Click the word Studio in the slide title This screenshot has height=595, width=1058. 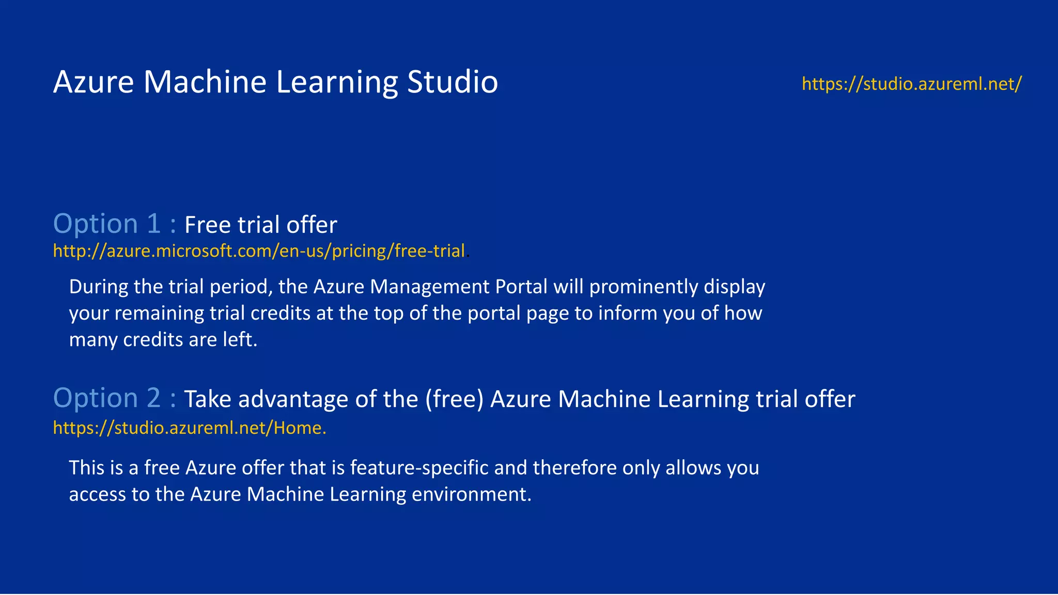(x=452, y=82)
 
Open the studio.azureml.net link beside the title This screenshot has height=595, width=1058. (x=911, y=84)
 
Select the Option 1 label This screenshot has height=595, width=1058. (x=114, y=224)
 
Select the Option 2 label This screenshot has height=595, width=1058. (x=114, y=398)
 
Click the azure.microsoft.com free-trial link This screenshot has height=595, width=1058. (x=259, y=251)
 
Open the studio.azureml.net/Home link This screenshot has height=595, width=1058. (x=189, y=428)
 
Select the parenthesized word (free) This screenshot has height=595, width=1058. (x=454, y=399)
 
